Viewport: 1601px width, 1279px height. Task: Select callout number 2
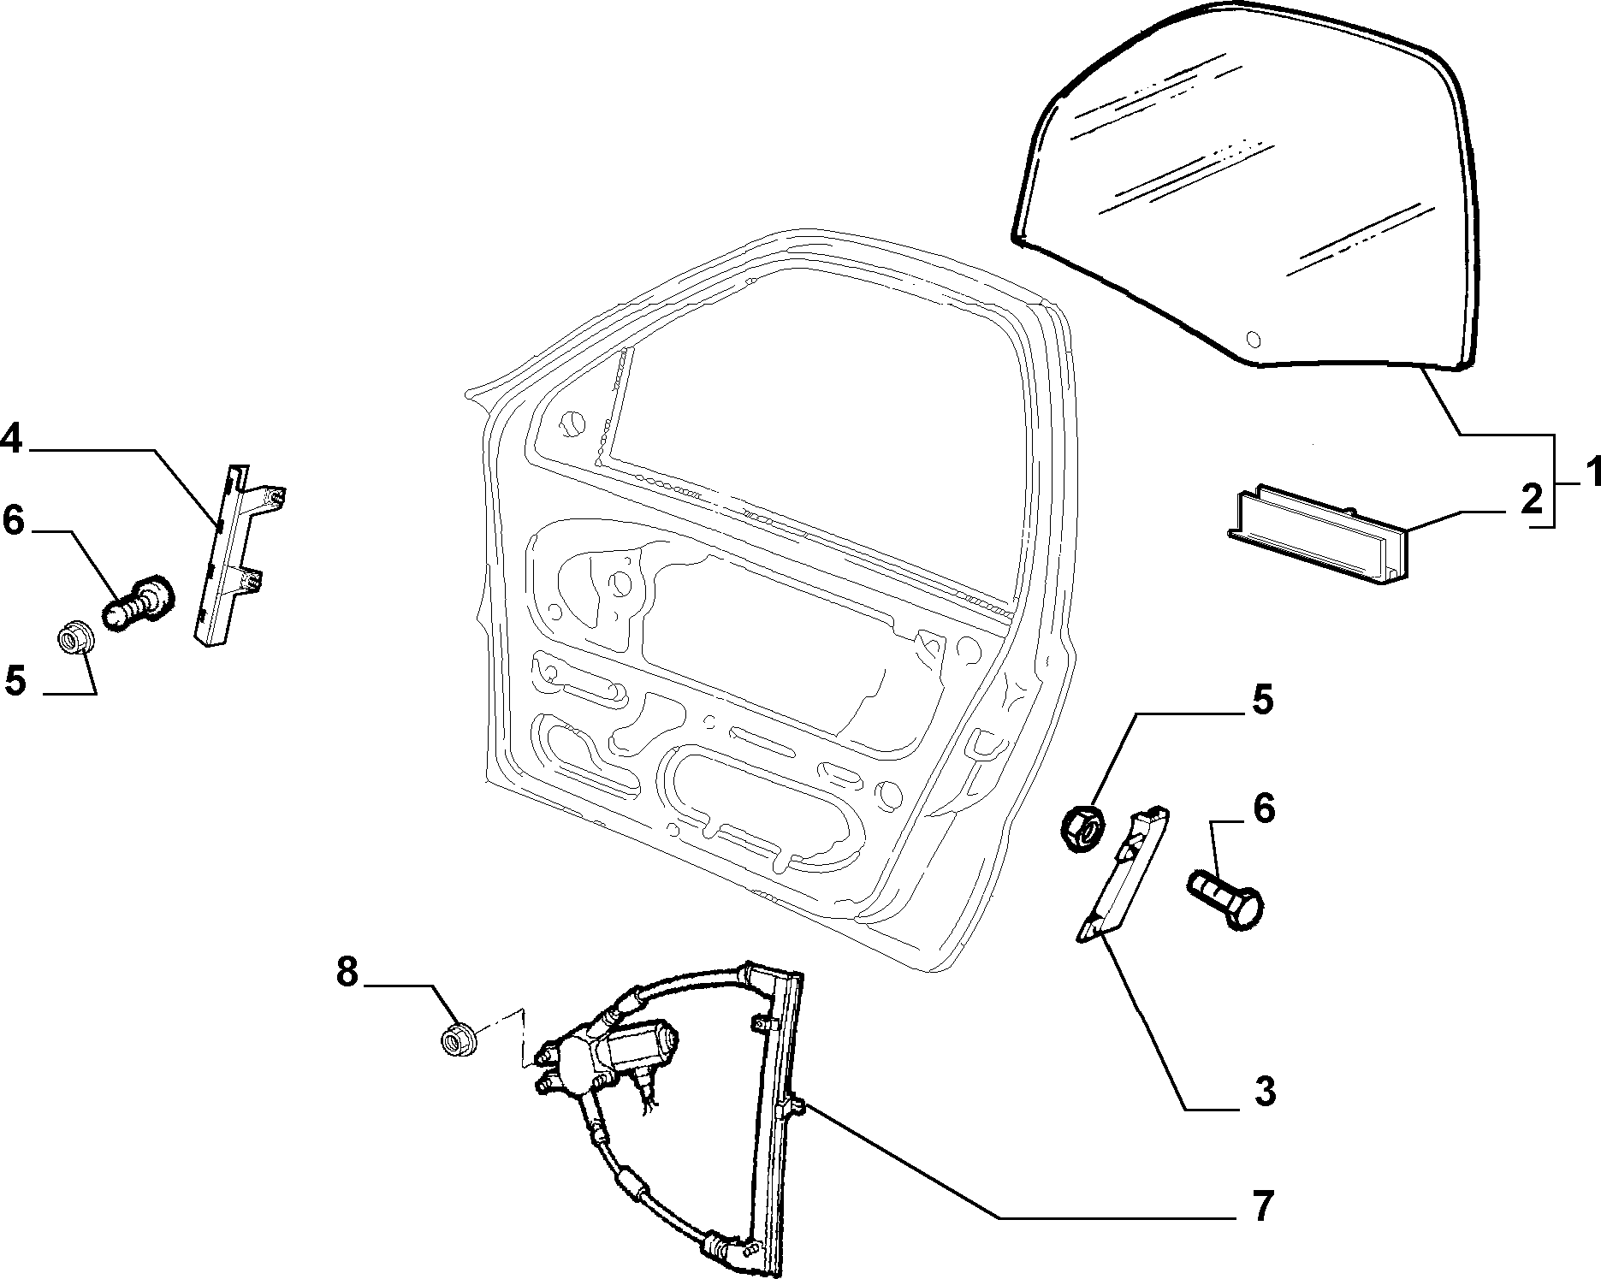point(1532,498)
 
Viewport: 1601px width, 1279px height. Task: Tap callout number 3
point(1263,1092)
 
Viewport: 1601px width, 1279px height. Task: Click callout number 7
point(1264,1207)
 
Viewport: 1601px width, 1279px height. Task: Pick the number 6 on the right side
point(1264,808)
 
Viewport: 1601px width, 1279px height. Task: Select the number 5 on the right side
point(1263,699)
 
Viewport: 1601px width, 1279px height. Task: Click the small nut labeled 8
point(460,1039)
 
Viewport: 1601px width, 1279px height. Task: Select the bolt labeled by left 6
point(138,601)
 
